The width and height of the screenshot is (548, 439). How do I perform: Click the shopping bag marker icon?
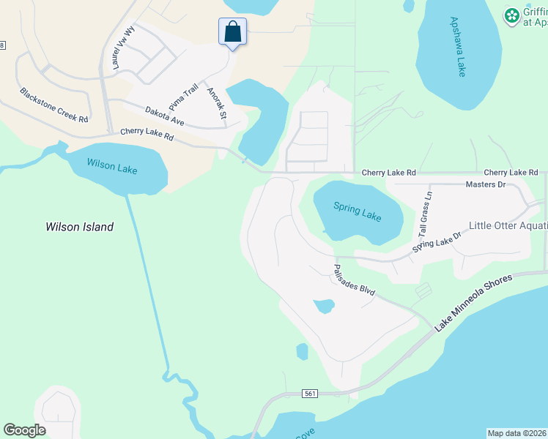tap(232, 31)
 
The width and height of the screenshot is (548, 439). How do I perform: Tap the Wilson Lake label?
tap(112, 166)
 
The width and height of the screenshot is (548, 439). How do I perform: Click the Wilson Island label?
tap(79, 227)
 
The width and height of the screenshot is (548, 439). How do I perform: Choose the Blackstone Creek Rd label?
tap(53, 105)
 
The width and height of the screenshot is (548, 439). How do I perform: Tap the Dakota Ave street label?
tap(164, 115)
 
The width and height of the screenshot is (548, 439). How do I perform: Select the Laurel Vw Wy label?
tap(122, 49)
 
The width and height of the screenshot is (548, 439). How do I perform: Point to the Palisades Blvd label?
tap(355, 280)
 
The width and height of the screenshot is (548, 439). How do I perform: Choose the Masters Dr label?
tap(486, 184)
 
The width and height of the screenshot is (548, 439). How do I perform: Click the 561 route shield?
tap(311, 394)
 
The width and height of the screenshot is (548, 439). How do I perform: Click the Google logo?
tap(24, 430)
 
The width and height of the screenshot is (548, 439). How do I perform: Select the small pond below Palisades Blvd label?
tap(322, 306)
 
